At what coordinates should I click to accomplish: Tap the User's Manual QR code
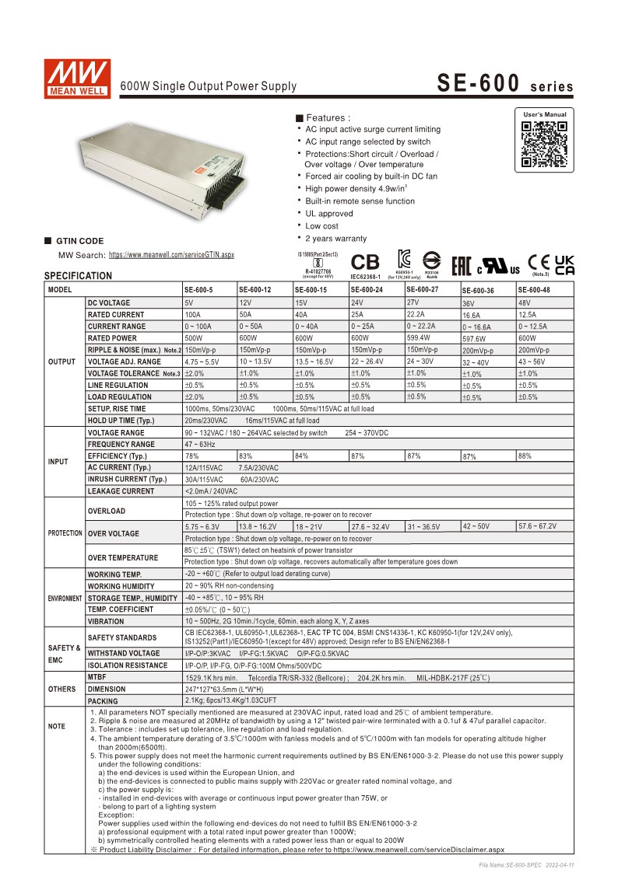[544, 145]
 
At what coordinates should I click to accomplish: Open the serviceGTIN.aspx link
[170, 255]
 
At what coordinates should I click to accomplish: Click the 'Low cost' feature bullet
[321, 226]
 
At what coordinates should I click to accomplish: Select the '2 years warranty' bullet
[335, 239]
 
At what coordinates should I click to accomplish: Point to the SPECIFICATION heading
[78, 276]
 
